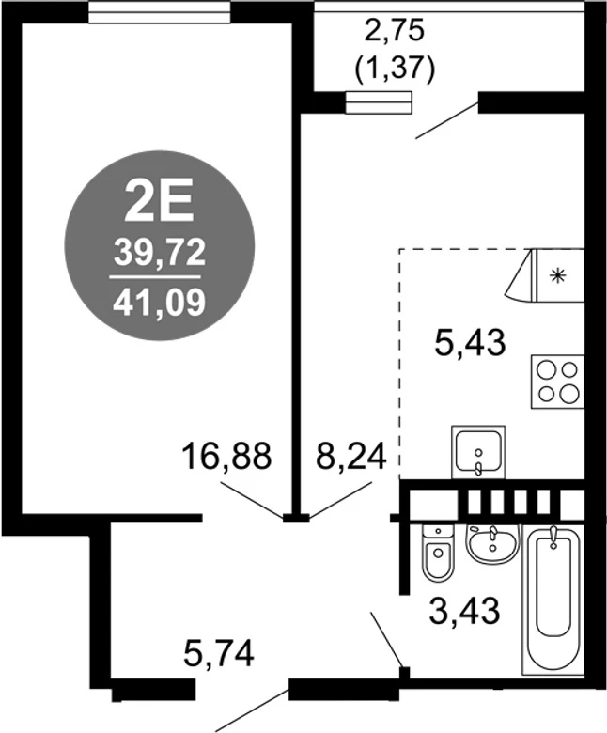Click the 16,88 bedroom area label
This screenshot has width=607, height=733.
click(x=226, y=456)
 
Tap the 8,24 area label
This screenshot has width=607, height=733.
click(x=351, y=456)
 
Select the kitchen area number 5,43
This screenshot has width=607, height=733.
click(x=470, y=343)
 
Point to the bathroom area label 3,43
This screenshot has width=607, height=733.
click(x=464, y=611)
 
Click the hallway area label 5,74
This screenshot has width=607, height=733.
click(x=219, y=653)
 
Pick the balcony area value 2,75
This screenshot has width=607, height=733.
click(x=396, y=33)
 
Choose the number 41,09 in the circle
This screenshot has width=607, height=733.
click(x=159, y=302)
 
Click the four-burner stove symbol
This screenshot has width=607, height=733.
click(x=557, y=382)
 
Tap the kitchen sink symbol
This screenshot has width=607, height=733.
click(x=478, y=452)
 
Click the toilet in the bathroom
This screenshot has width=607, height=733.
click(x=438, y=552)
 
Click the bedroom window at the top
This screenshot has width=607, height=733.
click(x=160, y=12)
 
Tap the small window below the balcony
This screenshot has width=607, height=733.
click(x=379, y=102)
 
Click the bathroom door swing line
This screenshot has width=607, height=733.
click(x=387, y=641)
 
